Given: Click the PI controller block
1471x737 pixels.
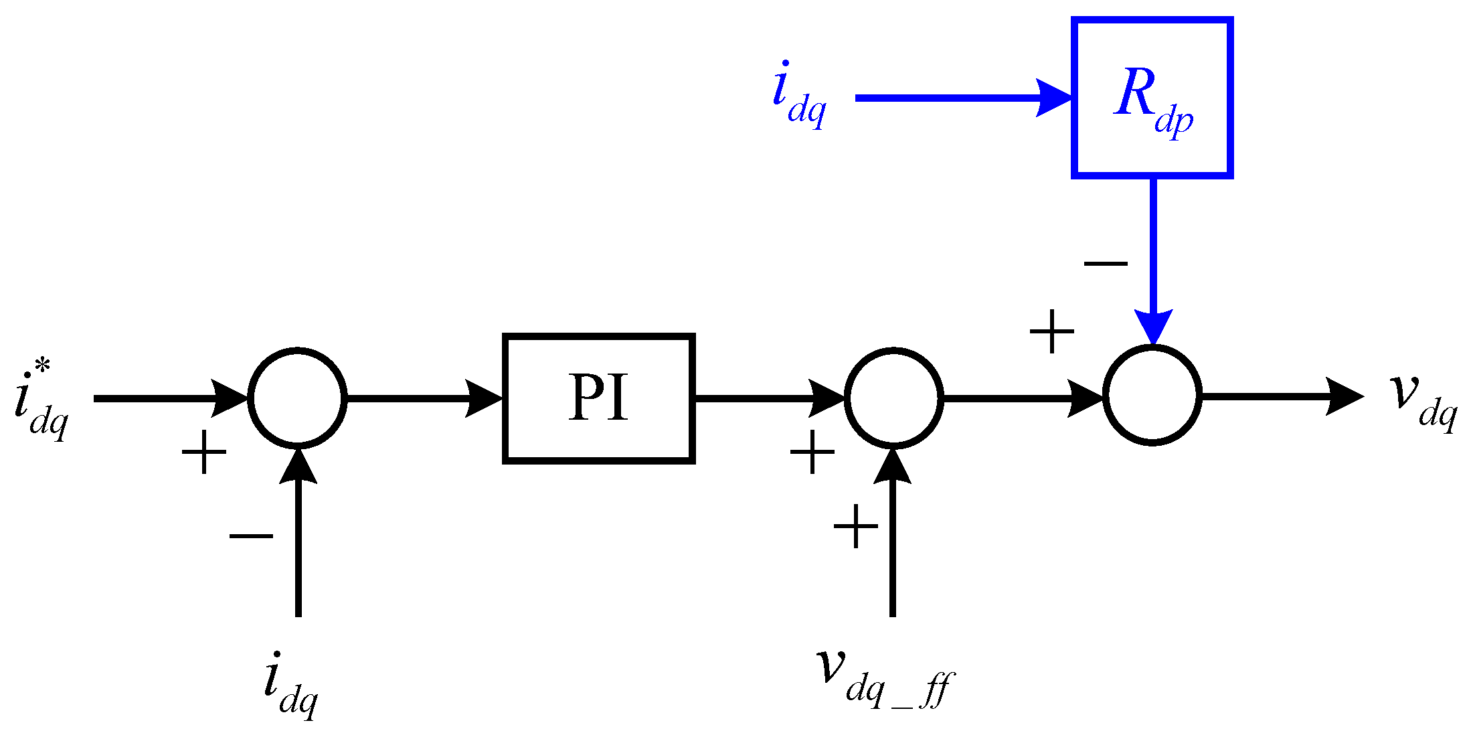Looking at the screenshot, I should (x=598, y=398).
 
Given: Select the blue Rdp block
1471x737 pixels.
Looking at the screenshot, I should (x=1152, y=98).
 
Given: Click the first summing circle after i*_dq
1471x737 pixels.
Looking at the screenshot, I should (x=297, y=398).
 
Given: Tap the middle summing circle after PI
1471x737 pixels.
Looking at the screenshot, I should (x=893, y=398).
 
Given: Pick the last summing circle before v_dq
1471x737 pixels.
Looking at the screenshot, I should (x=1152, y=395).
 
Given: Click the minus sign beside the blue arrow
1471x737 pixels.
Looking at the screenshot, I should (x=1106, y=263).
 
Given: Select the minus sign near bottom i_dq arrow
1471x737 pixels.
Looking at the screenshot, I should (x=251, y=536).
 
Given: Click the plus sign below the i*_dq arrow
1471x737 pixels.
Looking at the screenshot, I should (x=204, y=453).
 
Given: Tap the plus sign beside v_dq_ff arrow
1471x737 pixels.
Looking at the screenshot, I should (x=855, y=527).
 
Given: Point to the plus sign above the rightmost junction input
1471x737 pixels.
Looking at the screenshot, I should (x=1051, y=331).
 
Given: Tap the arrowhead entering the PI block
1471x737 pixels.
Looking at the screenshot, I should (x=483, y=398).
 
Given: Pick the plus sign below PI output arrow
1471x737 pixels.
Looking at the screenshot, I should (x=812, y=453).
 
